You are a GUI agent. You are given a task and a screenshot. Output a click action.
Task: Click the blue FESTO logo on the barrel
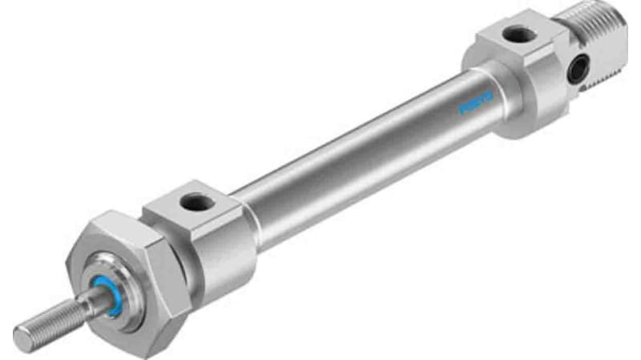coord(478,102)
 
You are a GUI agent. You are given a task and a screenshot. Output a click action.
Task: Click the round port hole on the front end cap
coord(195,203)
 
